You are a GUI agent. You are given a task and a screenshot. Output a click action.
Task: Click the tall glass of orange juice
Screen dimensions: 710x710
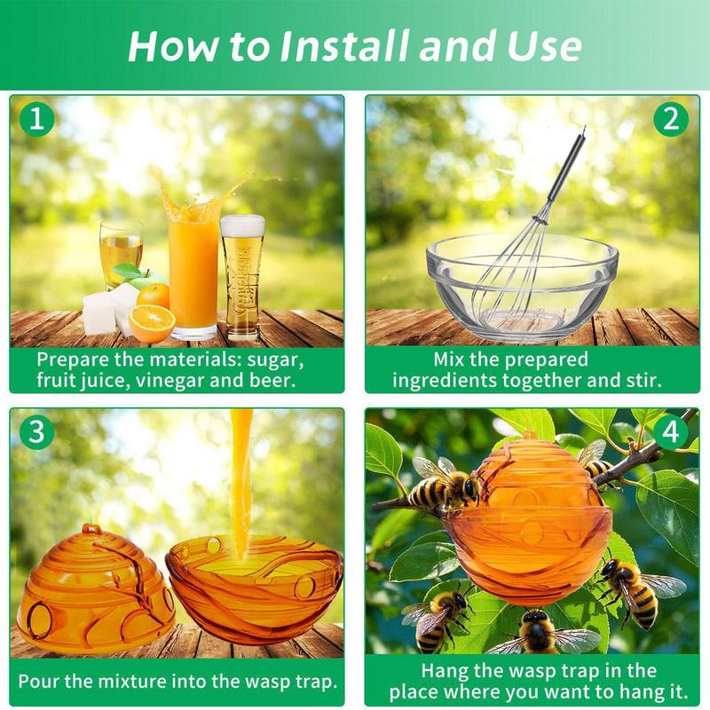point(193,266)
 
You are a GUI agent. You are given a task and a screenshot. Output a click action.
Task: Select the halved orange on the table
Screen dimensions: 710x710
point(152,323)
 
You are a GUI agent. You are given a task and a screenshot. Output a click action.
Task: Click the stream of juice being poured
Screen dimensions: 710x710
point(241,479)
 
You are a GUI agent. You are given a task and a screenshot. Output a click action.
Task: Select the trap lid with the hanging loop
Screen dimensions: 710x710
point(94,586)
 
